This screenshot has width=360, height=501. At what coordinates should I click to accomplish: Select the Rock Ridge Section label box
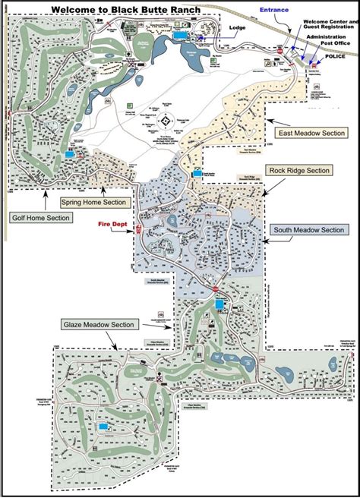click(x=298, y=170)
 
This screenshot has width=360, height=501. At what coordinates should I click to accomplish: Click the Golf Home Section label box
click(x=41, y=218)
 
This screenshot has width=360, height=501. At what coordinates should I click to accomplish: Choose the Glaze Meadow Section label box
click(x=99, y=325)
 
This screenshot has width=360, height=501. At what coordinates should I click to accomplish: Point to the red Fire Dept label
click(x=111, y=223)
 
